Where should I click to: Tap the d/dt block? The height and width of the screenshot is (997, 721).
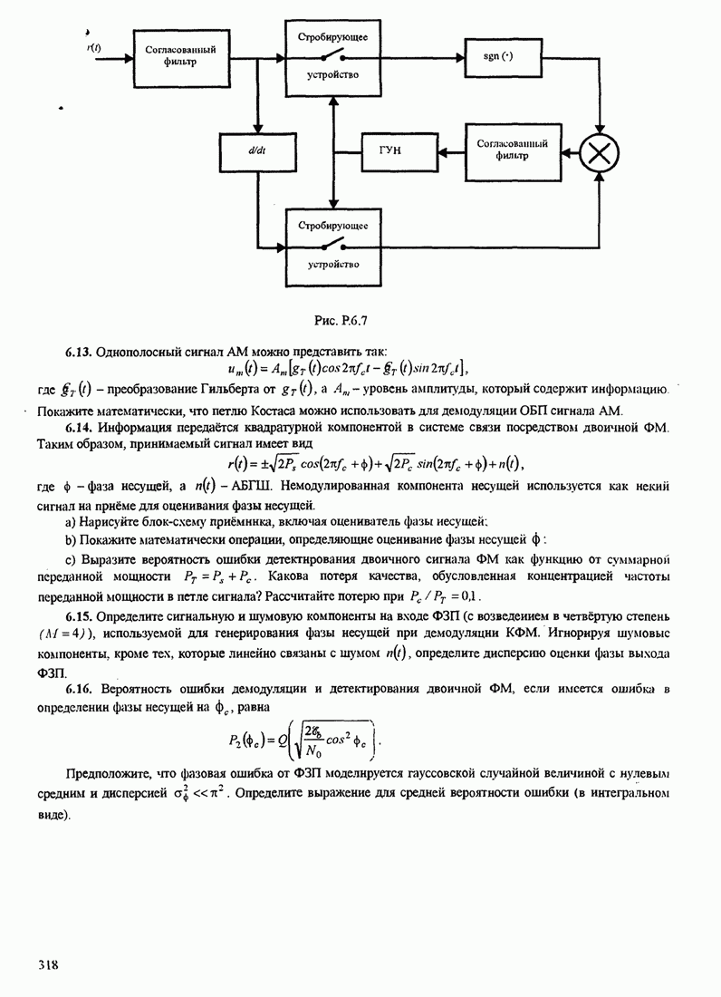click(255, 150)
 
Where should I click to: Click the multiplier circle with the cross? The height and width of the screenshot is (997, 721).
click(598, 150)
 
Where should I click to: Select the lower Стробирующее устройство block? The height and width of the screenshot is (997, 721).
click(332, 244)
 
